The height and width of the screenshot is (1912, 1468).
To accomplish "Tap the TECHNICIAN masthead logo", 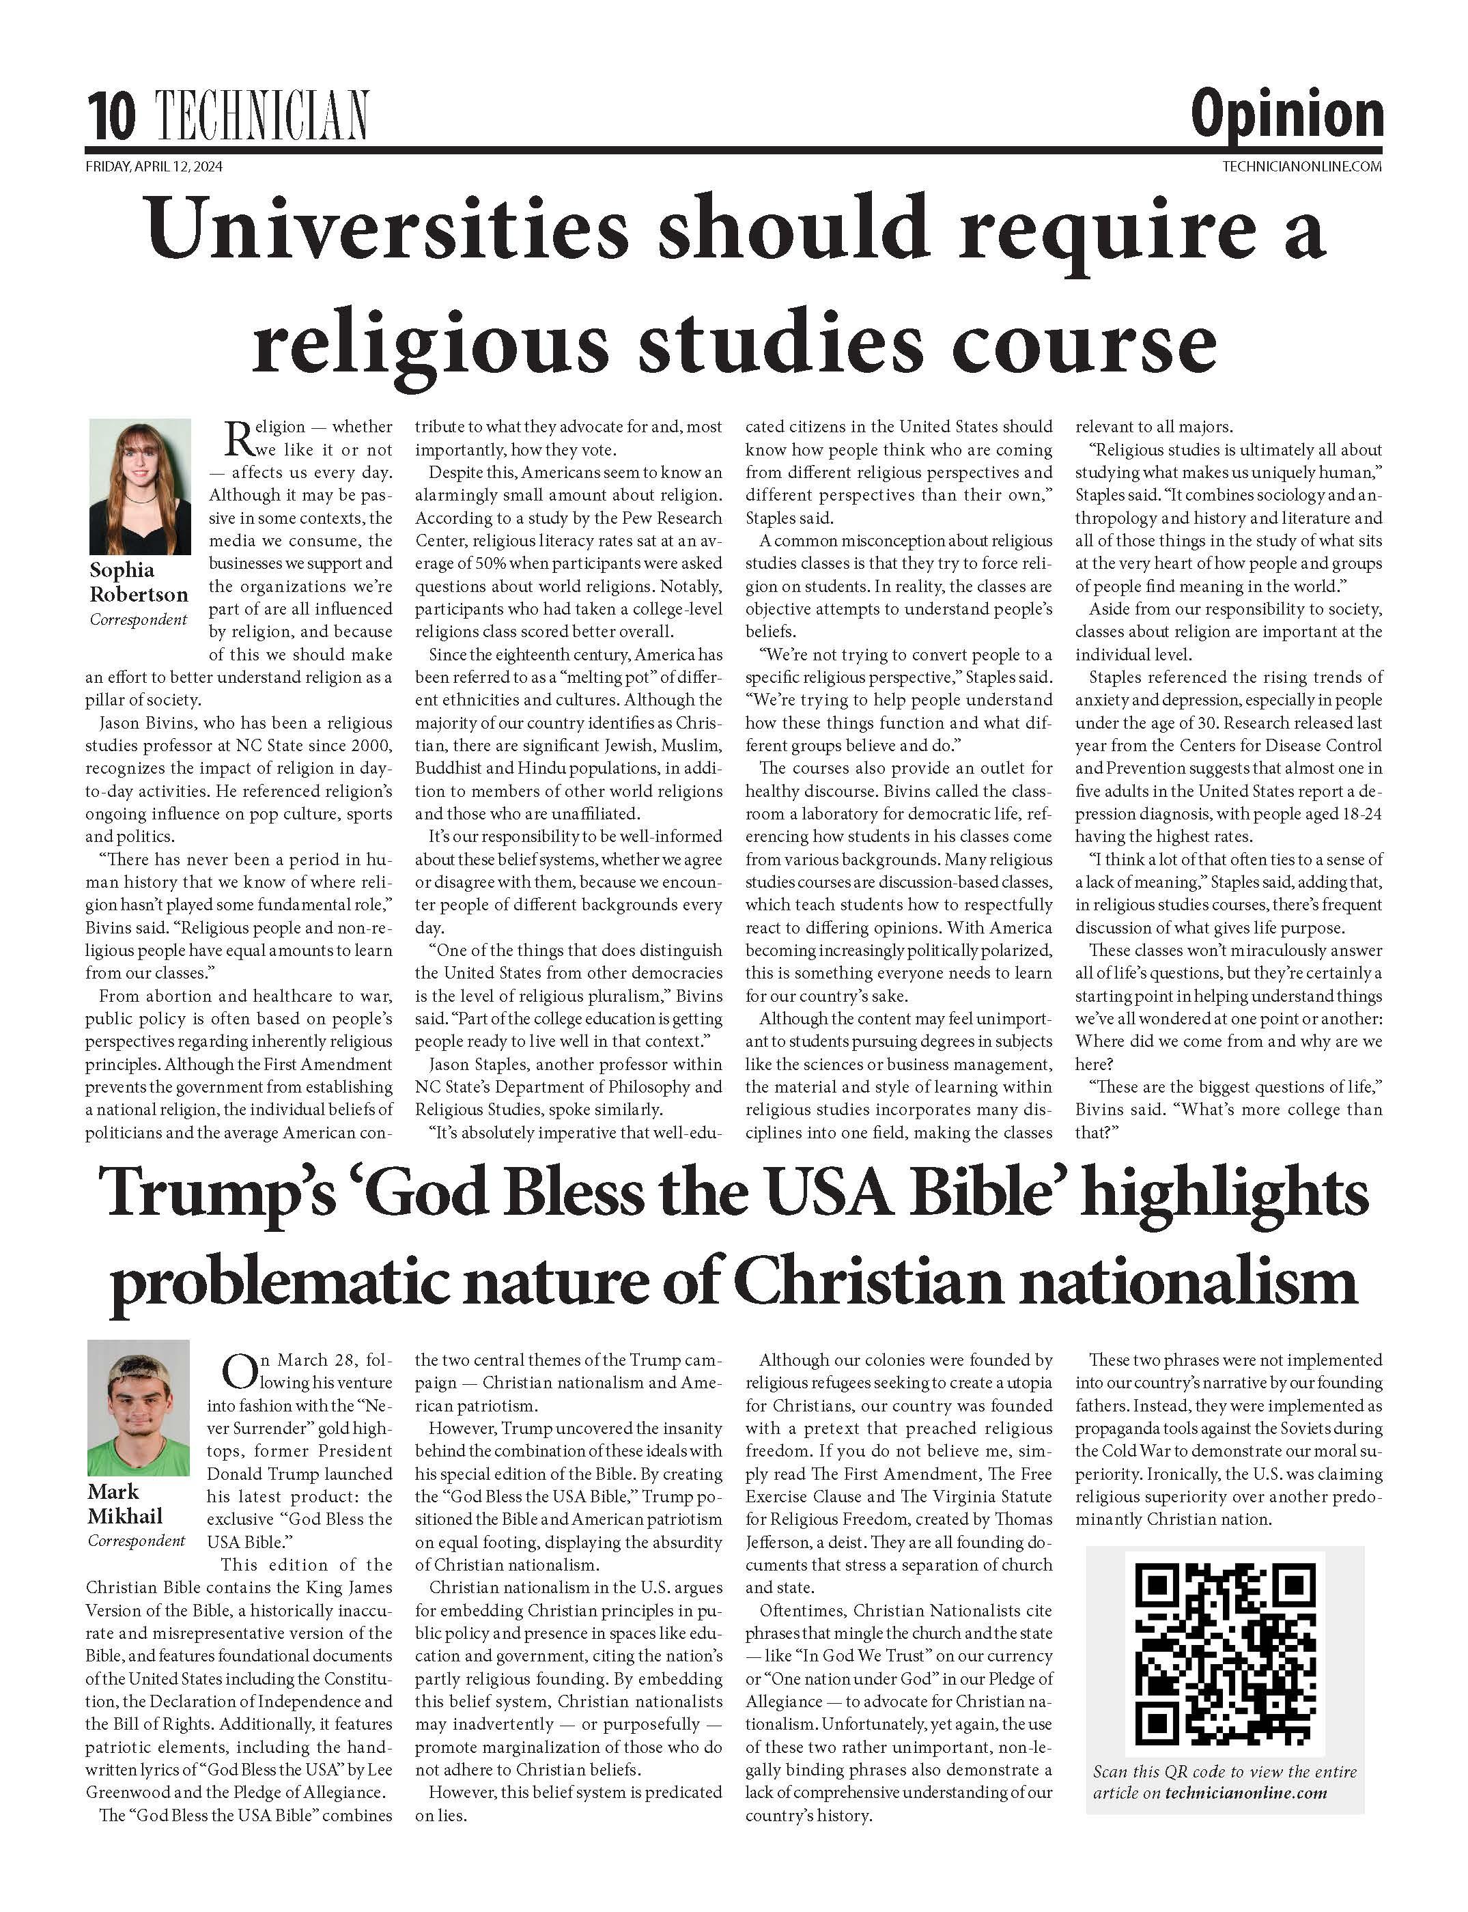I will (x=262, y=115).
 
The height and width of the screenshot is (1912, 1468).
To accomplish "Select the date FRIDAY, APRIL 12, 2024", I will (x=154, y=167).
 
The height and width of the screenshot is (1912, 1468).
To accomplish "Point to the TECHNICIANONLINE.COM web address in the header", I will (x=1302, y=167).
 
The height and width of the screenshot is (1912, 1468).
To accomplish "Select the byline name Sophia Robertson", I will (x=138, y=582).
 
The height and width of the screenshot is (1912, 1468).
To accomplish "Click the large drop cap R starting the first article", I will (x=238, y=438).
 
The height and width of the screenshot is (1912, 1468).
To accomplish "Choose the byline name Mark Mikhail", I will (x=125, y=1503).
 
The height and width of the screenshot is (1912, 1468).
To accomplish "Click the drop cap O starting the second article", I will (x=237, y=1372).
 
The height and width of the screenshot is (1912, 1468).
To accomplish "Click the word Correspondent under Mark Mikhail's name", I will (x=137, y=1541).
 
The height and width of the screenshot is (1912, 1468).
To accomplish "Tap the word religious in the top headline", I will (x=430, y=343).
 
